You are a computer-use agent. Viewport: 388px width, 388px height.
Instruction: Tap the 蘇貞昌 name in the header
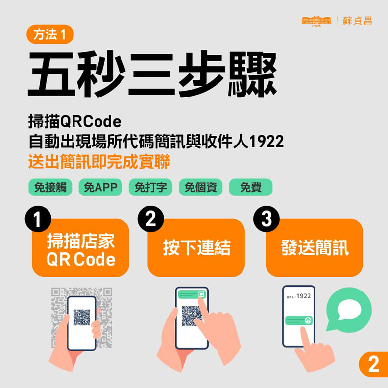(357, 21)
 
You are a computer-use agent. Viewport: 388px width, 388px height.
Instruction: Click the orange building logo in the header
(316, 21)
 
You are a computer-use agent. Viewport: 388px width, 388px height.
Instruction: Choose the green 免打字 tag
(150, 188)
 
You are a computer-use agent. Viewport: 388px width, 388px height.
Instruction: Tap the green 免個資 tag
(200, 188)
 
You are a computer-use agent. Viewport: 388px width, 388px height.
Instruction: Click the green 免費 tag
(250, 188)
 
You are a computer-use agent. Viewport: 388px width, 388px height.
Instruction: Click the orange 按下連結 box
(196, 248)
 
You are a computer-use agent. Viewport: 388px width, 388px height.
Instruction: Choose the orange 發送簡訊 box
(315, 248)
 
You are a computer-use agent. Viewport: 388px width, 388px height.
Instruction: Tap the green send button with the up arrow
(308, 321)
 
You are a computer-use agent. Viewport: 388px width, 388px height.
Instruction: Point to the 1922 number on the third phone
(304, 296)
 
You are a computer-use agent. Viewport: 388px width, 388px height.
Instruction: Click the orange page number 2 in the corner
(373, 364)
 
